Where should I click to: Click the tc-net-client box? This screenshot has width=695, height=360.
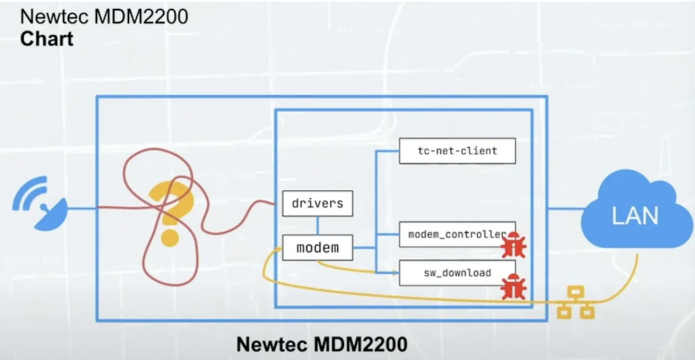coord(457,151)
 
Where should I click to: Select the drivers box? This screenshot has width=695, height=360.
coord(317,204)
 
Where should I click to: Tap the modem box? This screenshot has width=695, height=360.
coord(317,248)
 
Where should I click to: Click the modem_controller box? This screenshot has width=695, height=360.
coord(457,234)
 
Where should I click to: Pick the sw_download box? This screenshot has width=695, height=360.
coord(457,273)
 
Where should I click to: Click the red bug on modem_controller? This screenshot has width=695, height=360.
coord(514,245)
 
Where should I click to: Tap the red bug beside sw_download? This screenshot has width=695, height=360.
coord(514,287)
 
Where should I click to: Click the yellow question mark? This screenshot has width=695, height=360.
coord(171,214)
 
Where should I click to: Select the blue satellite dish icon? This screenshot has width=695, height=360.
coord(40,204)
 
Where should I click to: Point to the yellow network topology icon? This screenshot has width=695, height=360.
coord(576,302)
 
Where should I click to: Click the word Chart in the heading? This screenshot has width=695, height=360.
coord(47,39)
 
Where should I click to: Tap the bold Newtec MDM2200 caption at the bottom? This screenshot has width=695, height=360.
coord(322,344)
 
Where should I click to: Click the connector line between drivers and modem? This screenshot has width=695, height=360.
coord(317,226)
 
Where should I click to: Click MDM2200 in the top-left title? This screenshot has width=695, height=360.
coord(141,16)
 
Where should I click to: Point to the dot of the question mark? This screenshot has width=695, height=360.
coord(170,238)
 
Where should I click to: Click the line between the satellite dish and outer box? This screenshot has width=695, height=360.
coord(81,208)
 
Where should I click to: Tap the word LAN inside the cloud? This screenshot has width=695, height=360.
coord(635,215)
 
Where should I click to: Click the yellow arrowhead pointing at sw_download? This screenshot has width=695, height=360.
coord(396,273)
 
